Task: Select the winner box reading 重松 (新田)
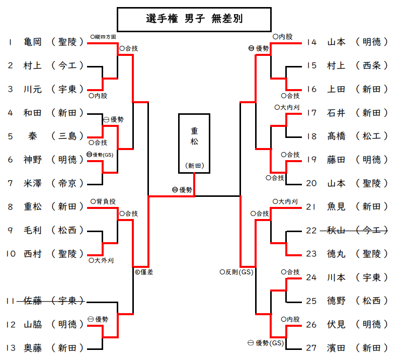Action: point(194,143)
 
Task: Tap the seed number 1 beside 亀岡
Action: point(10,42)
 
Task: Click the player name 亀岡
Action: point(33,42)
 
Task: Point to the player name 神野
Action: point(33,160)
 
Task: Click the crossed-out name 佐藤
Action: point(33,301)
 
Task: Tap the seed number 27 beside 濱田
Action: point(312,348)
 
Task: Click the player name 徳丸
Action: point(336,254)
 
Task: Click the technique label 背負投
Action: point(106,201)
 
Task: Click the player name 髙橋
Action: point(336,136)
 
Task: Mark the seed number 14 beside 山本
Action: point(312,42)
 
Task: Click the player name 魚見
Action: point(336,206)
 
